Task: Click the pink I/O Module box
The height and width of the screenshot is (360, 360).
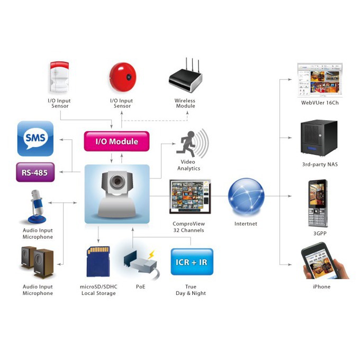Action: coord(116,141)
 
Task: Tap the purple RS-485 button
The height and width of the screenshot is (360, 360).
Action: coord(35,172)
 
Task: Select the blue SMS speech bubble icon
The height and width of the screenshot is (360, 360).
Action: coord(35,139)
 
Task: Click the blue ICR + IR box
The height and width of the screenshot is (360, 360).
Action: coord(192,262)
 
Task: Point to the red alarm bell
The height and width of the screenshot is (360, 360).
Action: coord(123,77)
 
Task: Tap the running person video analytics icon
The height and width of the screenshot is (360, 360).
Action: coord(192,143)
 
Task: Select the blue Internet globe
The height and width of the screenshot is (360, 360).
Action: coord(246,196)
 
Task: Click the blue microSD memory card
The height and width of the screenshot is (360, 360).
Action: coord(98,262)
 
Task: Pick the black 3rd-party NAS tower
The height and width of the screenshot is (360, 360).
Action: coord(319,138)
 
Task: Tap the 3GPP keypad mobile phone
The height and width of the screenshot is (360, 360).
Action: coord(318,204)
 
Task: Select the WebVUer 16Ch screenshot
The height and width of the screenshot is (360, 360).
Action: coord(320,79)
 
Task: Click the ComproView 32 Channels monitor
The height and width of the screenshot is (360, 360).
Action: coord(190,196)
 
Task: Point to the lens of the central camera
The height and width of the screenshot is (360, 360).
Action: coord(118,182)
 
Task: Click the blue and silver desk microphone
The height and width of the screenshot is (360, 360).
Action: coord(37,206)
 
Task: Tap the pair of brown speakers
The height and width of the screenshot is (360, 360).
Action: coord(38,262)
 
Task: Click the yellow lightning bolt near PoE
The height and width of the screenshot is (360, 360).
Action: coord(151,255)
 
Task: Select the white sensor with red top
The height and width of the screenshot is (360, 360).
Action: coord(59,77)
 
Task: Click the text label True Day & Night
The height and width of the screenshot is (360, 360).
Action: coord(191,290)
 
